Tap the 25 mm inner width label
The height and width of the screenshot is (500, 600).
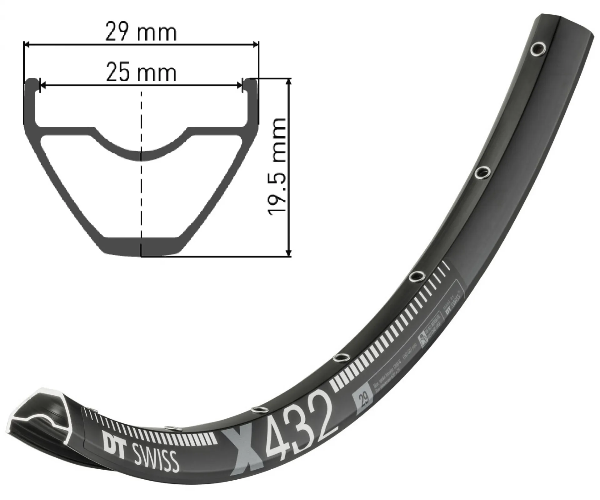(x=141, y=73)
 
